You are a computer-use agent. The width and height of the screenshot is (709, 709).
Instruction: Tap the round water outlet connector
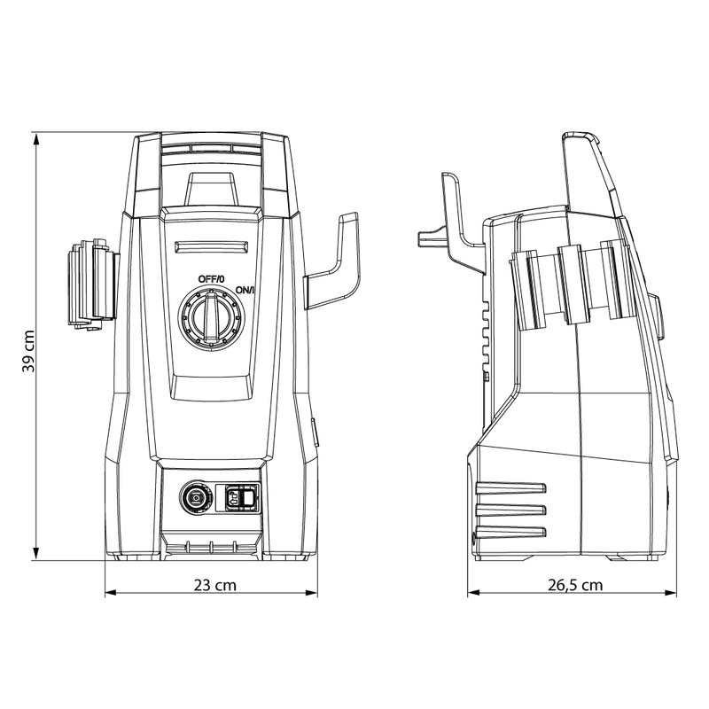[x=192, y=498]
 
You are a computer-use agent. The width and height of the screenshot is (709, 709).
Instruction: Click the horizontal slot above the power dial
[x=210, y=248]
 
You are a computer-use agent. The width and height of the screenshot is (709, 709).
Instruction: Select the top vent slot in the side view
[x=510, y=487]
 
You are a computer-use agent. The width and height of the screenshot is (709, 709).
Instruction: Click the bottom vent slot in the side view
[x=510, y=531]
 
